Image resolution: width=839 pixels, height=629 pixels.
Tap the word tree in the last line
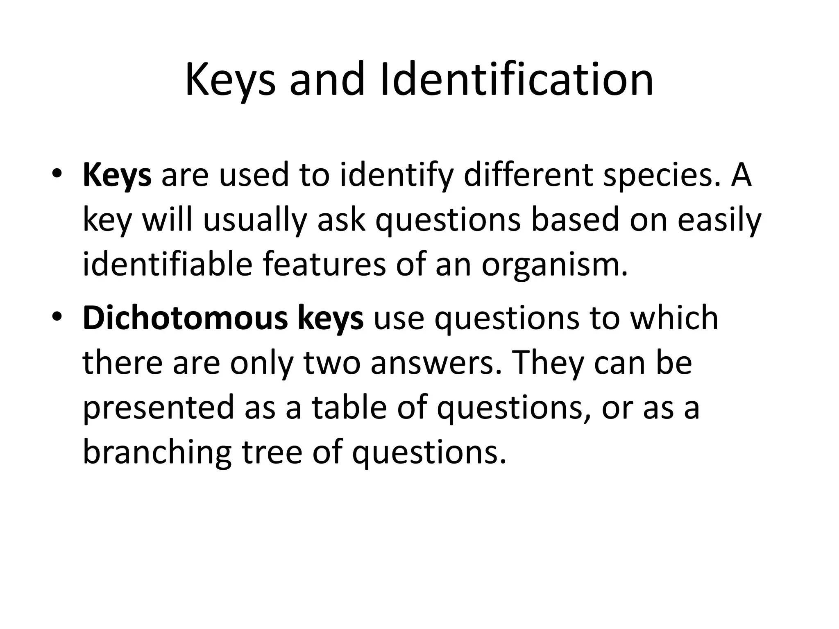[272, 453]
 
